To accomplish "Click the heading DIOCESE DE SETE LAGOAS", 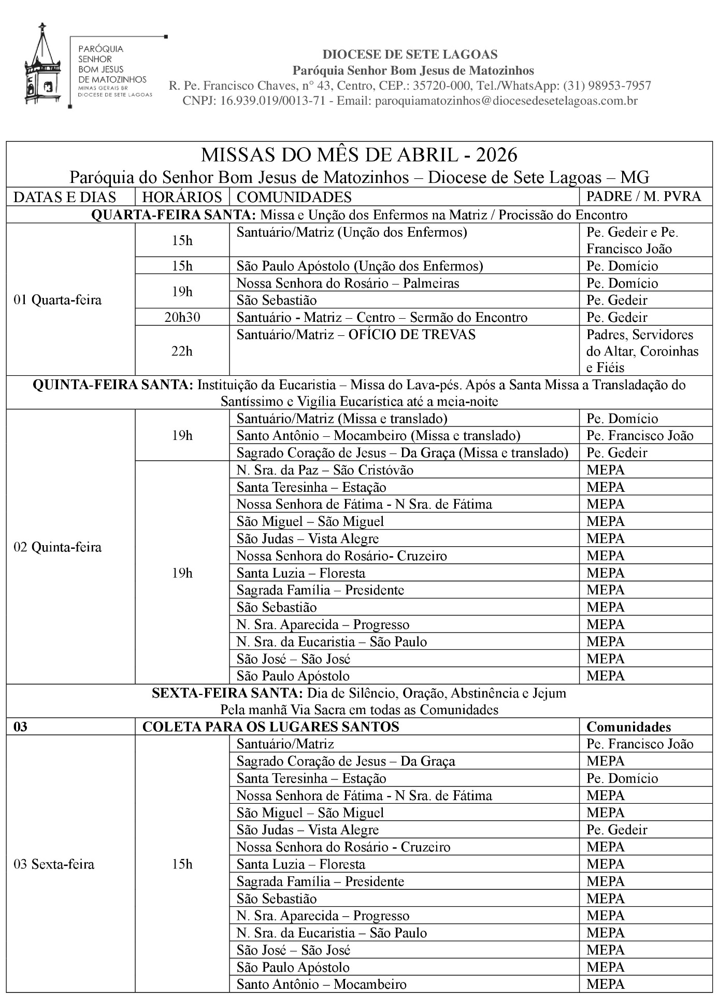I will coord(410,54).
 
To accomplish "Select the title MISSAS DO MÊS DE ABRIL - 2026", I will coord(359,154).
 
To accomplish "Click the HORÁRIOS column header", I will coord(182,197).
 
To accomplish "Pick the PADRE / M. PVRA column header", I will coord(643,196).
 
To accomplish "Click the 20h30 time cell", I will coord(182,317).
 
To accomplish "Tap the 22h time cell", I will coord(182,351).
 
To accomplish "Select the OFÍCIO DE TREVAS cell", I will coord(356,335).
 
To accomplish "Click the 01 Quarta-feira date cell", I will coord(58,300).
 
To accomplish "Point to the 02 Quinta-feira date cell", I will coord(58,547).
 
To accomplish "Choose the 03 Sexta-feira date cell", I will coord(54,864).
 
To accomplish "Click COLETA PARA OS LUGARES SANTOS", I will coord(270,727).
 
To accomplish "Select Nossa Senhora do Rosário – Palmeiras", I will coord(348,283).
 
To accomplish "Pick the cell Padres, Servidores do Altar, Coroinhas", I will coord(642,351).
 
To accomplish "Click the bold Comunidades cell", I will coord(628,727).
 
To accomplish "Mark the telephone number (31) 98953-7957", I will coord(607,86).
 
